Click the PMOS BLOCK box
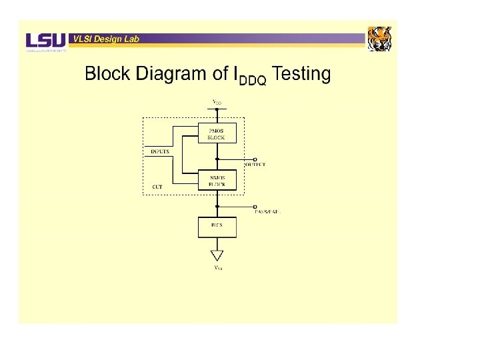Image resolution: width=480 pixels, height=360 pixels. tap(217, 133)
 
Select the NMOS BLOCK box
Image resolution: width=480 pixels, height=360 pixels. tap(217, 180)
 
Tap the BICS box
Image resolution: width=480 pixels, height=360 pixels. tap(217, 227)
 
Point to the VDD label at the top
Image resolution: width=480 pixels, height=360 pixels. tap(217, 103)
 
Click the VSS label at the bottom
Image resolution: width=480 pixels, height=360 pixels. tap(217, 268)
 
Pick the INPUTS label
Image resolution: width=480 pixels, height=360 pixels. tap(160, 151)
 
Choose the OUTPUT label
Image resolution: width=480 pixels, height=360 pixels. tap(256, 165)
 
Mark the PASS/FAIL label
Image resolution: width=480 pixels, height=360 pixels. tap(268, 211)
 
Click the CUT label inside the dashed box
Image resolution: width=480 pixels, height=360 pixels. tap(157, 187)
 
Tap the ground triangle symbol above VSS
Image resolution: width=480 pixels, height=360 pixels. tap(217, 255)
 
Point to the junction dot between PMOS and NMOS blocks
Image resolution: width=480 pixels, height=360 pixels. tap(217, 159)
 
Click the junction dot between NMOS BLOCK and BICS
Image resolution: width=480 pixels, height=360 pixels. tap(217, 206)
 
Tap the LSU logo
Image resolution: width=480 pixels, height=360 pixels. tap(46, 41)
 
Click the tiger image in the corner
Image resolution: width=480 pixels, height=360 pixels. tap(380, 39)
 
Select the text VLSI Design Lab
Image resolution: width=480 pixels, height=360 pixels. tap(106, 39)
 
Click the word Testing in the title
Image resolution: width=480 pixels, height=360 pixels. tap(301, 74)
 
